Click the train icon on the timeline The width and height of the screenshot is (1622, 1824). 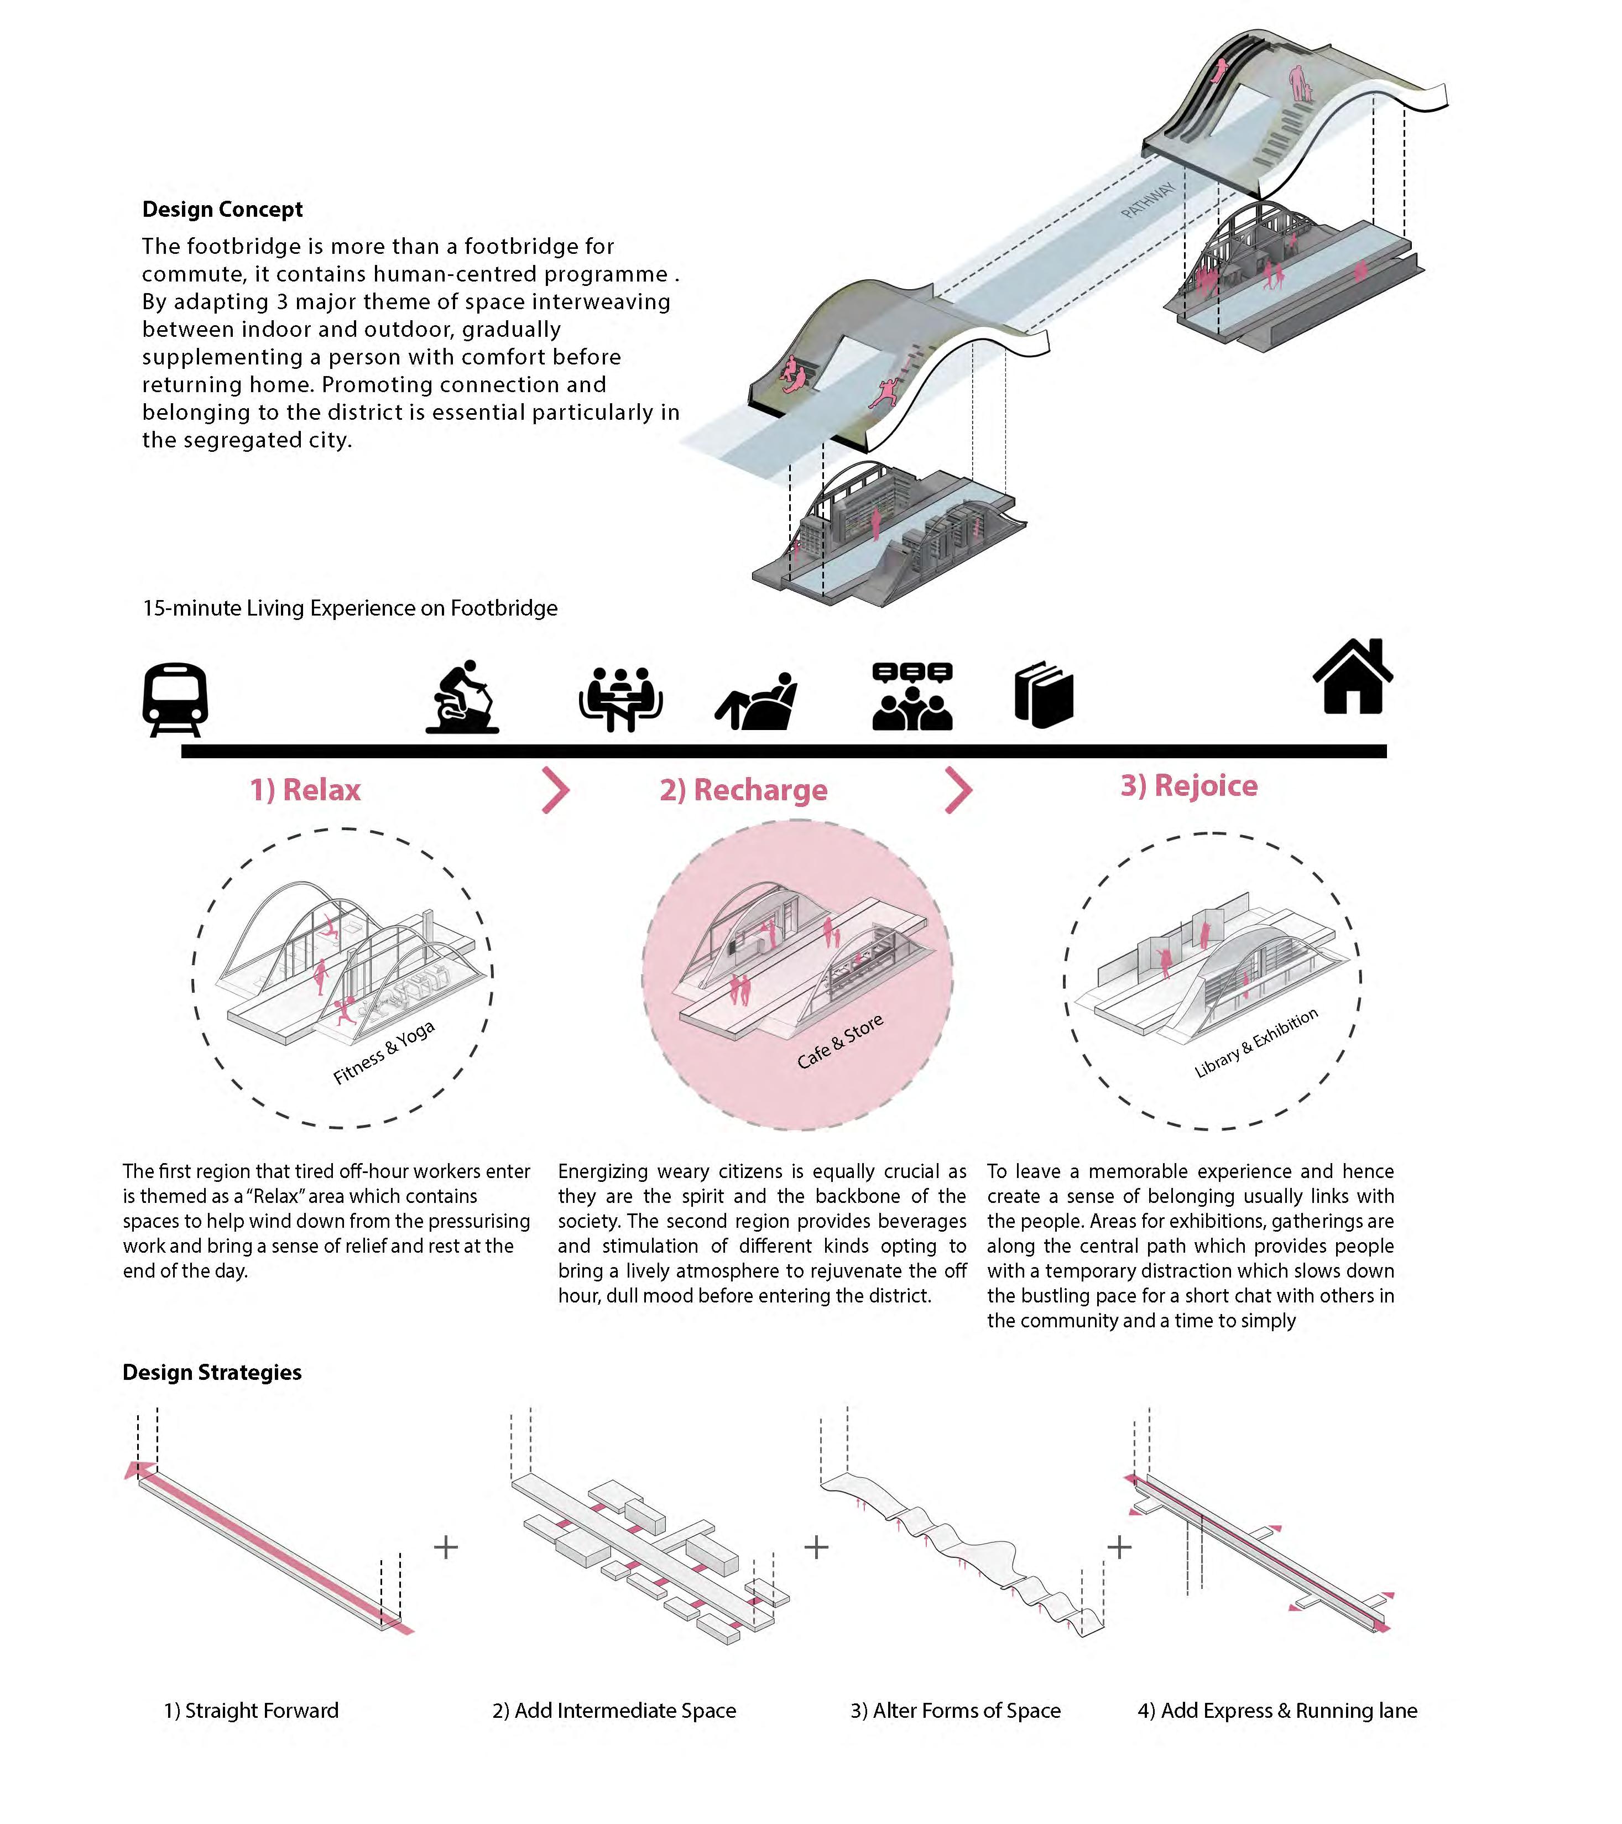coord(175,699)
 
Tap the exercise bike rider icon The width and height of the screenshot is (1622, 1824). coord(462,697)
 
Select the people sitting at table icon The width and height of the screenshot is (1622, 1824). coord(620,699)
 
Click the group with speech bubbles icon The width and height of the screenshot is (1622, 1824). coord(912,697)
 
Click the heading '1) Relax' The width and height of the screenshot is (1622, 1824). coord(305,790)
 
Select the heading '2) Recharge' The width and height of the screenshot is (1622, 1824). coord(743,790)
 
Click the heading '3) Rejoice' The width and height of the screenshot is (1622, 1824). coord(1188,785)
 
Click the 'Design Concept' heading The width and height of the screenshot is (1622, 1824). coord(222,209)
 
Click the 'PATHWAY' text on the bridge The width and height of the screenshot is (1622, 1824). coord(1148,201)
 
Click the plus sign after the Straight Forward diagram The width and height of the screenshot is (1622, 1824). coord(445,1546)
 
